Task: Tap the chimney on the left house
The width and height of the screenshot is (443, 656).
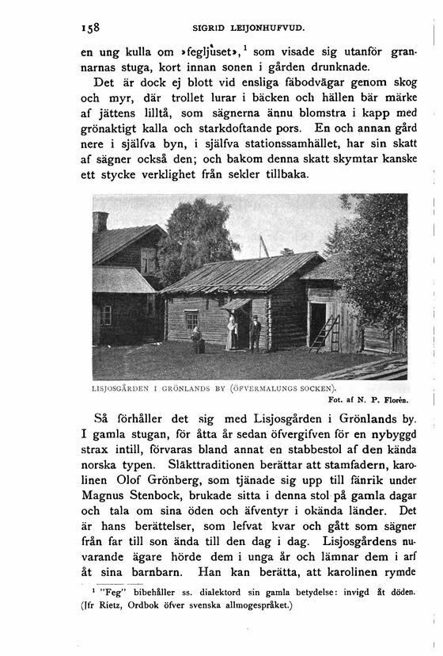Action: tap(100, 222)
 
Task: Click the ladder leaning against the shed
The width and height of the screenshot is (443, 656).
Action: tap(324, 334)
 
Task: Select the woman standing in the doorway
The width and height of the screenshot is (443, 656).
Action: tap(231, 330)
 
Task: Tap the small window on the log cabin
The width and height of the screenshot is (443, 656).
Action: tap(191, 319)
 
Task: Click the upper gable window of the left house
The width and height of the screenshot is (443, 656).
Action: tap(148, 260)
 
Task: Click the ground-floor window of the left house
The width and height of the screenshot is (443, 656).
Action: tap(105, 315)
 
